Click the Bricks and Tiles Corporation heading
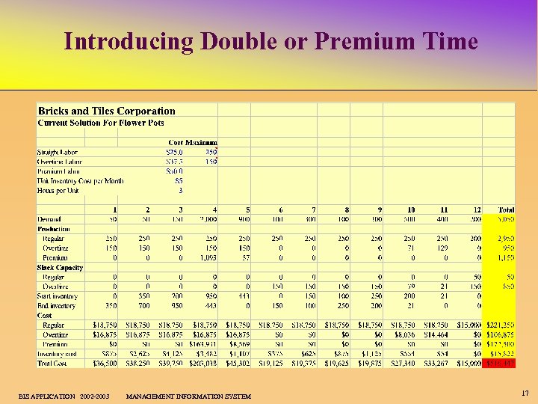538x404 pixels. (x=107, y=111)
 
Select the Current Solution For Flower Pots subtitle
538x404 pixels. (x=101, y=123)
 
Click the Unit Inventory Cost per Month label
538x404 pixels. (x=81, y=180)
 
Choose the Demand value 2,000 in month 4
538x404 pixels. (x=206, y=219)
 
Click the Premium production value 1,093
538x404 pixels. (x=207, y=257)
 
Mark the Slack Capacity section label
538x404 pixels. (x=60, y=267)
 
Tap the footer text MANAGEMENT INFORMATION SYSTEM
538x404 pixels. (x=189, y=396)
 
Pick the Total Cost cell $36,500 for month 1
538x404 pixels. (x=105, y=364)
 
